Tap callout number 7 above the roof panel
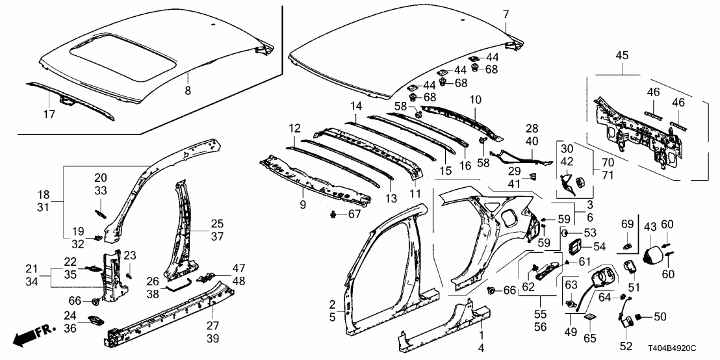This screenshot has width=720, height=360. pyautogui.click(x=506, y=14)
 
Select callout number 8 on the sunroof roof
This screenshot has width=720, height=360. pyautogui.click(x=188, y=91)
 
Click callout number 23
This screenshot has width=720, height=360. pyautogui.click(x=130, y=255)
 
